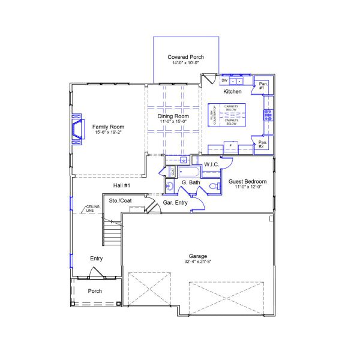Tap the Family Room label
(108, 127)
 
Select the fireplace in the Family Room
(77, 129)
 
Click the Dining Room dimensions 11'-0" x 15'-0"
(173, 121)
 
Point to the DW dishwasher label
(224, 80)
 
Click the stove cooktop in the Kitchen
(268, 115)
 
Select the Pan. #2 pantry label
(262, 145)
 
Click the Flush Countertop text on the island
(214, 114)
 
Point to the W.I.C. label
(211, 164)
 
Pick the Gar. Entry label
(175, 203)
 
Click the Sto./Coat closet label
(120, 200)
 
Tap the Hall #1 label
(121, 185)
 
